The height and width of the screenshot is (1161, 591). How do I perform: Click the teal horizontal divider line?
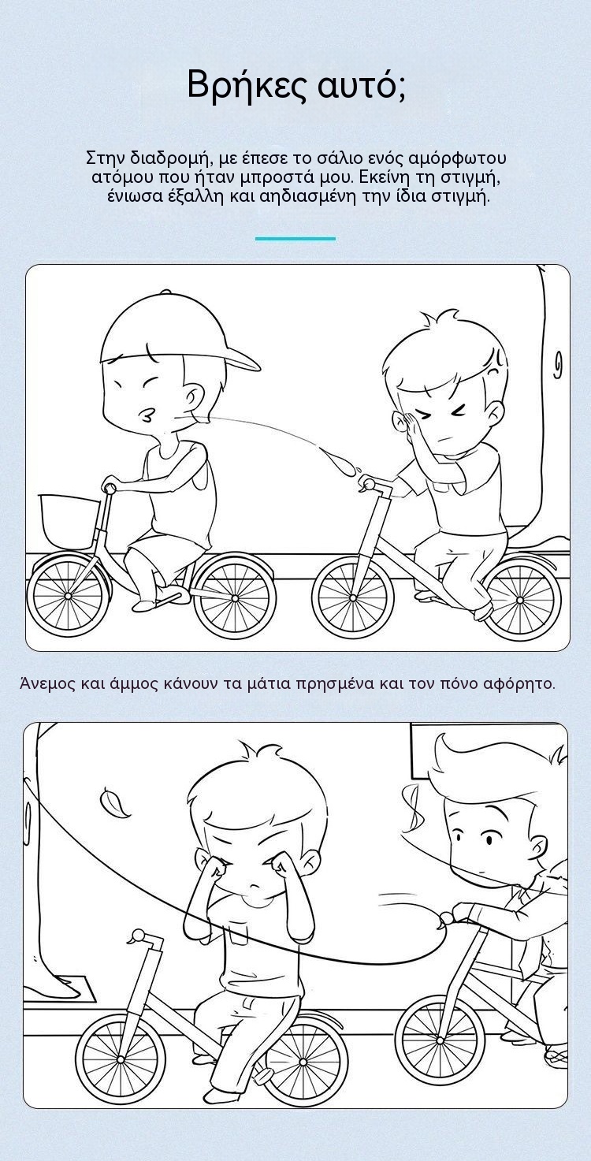295,238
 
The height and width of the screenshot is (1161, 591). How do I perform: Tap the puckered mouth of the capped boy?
147,415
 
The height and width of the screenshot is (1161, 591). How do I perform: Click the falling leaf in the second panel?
115,802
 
